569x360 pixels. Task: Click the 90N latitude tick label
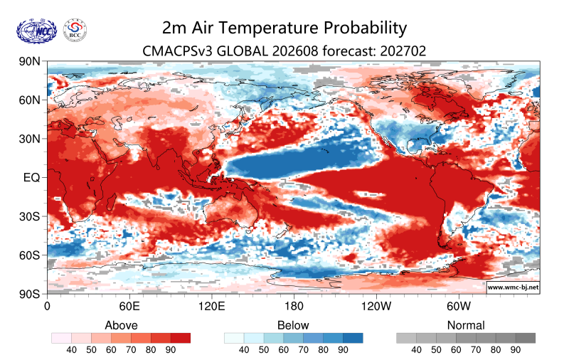coord(29,61)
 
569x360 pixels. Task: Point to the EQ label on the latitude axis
coord(31,178)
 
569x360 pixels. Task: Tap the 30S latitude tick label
coord(29,217)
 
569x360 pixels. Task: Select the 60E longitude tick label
coord(129,307)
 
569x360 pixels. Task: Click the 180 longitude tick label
coord(294,307)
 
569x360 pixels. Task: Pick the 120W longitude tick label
coord(376,307)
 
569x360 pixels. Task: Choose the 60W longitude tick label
coord(459,307)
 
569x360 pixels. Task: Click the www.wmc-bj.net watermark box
coord(513,287)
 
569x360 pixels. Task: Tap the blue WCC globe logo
coord(37,31)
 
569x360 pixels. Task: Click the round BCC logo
coord(75,31)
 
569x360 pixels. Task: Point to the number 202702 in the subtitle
coord(403,51)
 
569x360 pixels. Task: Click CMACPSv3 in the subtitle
coord(177,51)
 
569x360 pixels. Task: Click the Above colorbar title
coord(121,325)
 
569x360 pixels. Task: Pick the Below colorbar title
coord(293,325)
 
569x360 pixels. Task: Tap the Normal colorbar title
coord(466,325)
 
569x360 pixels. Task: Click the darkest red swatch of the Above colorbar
coord(181,338)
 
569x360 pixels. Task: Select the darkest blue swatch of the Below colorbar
coord(353,338)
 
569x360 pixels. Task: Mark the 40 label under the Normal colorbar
coord(416,350)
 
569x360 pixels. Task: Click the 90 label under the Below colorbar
coord(343,350)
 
